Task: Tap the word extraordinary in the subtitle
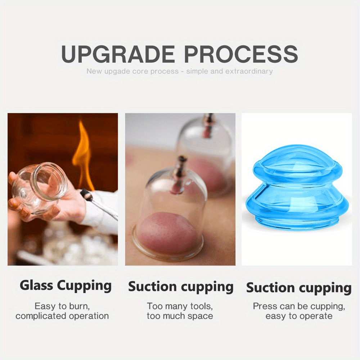click(x=249, y=71)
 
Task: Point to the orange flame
click(x=84, y=155)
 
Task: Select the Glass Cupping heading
click(x=66, y=285)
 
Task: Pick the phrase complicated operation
click(x=62, y=316)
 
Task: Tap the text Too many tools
click(x=180, y=306)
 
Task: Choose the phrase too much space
click(x=180, y=316)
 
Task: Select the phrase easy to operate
click(x=299, y=316)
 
